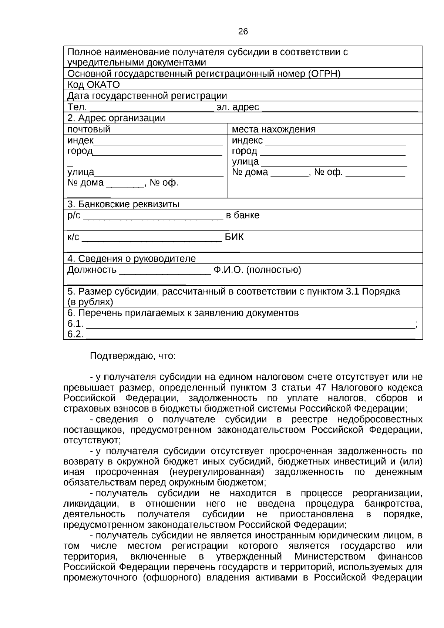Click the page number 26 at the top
click(243, 32)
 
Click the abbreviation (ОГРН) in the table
click(324, 74)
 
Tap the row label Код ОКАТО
click(94, 85)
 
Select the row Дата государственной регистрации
click(147, 96)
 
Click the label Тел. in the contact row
click(77, 107)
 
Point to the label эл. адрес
click(238, 107)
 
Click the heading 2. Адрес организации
click(116, 118)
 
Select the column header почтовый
click(89, 130)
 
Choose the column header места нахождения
click(273, 130)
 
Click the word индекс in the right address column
click(247, 141)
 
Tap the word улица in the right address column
click(245, 162)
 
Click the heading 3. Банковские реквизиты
click(123, 205)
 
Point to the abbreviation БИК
click(235, 237)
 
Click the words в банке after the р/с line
click(243, 215)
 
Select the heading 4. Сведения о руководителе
click(131, 259)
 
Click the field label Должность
click(92, 270)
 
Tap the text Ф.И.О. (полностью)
click(257, 270)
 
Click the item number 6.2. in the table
click(75, 335)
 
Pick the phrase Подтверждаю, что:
click(133, 356)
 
